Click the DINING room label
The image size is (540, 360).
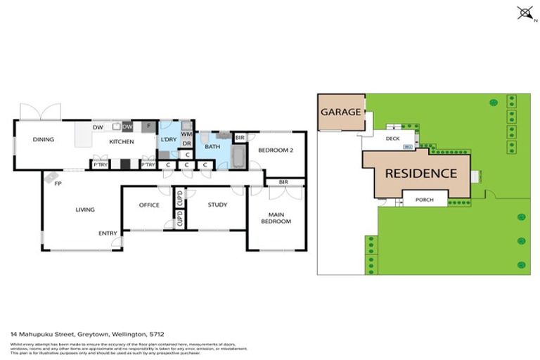[43, 139]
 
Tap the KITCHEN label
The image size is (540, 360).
[116, 141]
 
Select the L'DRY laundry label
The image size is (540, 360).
[168, 140]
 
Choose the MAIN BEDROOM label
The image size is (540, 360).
[276, 217]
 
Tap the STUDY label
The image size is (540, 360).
[218, 205]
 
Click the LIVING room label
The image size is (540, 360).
[85, 209]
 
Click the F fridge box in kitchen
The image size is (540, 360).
[148, 127]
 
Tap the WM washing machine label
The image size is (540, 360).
[186, 134]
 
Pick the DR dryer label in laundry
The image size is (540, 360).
[186, 143]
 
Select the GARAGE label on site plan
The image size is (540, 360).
[340, 112]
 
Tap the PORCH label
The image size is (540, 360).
[425, 200]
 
